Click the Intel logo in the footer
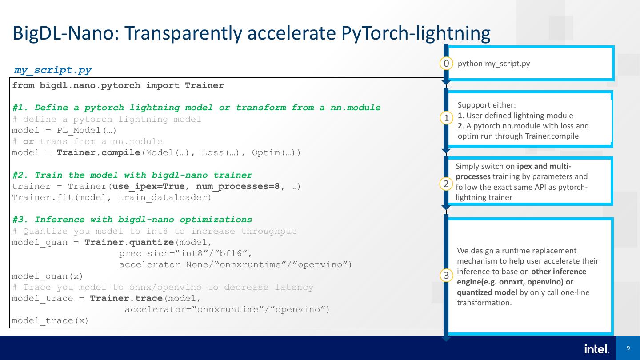pyautogui.click(x=596, y=349)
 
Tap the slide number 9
pyautogui.click(x=628, y=348)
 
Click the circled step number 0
pyautogui.click(x=446, y=64)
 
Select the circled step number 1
pyautogui.click(x=446, y=118)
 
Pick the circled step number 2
pyautogui.click(x=446, y=184)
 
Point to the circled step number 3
pyautogui.click(x=446, y=276)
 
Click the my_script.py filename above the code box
pyautogui.click(x=53, y=70)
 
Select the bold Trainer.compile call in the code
pyautogui.click(x=98, y=153)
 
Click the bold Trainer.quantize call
pyautogui.click(x=129, y=242)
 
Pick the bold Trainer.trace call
pyautogui.click(x=126, y=298)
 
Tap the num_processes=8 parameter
pyautogui.click(x=238, y=186)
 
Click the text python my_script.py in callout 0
pyautogui.click(x=493, y=64)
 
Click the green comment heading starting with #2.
pyautogui.click(x=132, y=175)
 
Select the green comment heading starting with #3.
pyautogui.click(x=132, y=220)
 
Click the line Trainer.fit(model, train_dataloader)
pyautogui.click(x=112, y=197)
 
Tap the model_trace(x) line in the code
pyautogui.click(x=50, y=320)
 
